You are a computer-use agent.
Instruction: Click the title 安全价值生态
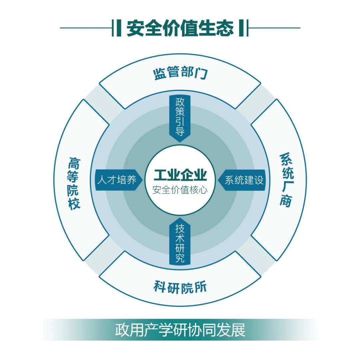coord(180,28)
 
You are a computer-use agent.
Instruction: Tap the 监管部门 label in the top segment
coord(180,73)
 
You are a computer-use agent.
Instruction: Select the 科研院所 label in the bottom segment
coord(180,287)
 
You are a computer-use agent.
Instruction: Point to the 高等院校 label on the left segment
coord(74,183)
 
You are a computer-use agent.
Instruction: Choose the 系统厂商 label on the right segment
coord(286,180)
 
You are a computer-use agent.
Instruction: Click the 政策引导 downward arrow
coord(180,119)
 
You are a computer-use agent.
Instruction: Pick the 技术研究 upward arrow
coord(180,241)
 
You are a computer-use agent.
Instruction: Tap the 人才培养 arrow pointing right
coord(119,180)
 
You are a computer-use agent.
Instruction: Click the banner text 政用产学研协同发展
coord(180,330)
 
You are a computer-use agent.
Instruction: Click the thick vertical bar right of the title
coord(241,28)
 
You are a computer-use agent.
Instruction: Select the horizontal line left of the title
coord(86,28)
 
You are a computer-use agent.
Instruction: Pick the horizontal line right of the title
coord(274,28)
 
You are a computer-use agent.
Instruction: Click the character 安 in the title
coord(135,28)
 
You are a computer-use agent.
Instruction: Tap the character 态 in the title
coord(225,28)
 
